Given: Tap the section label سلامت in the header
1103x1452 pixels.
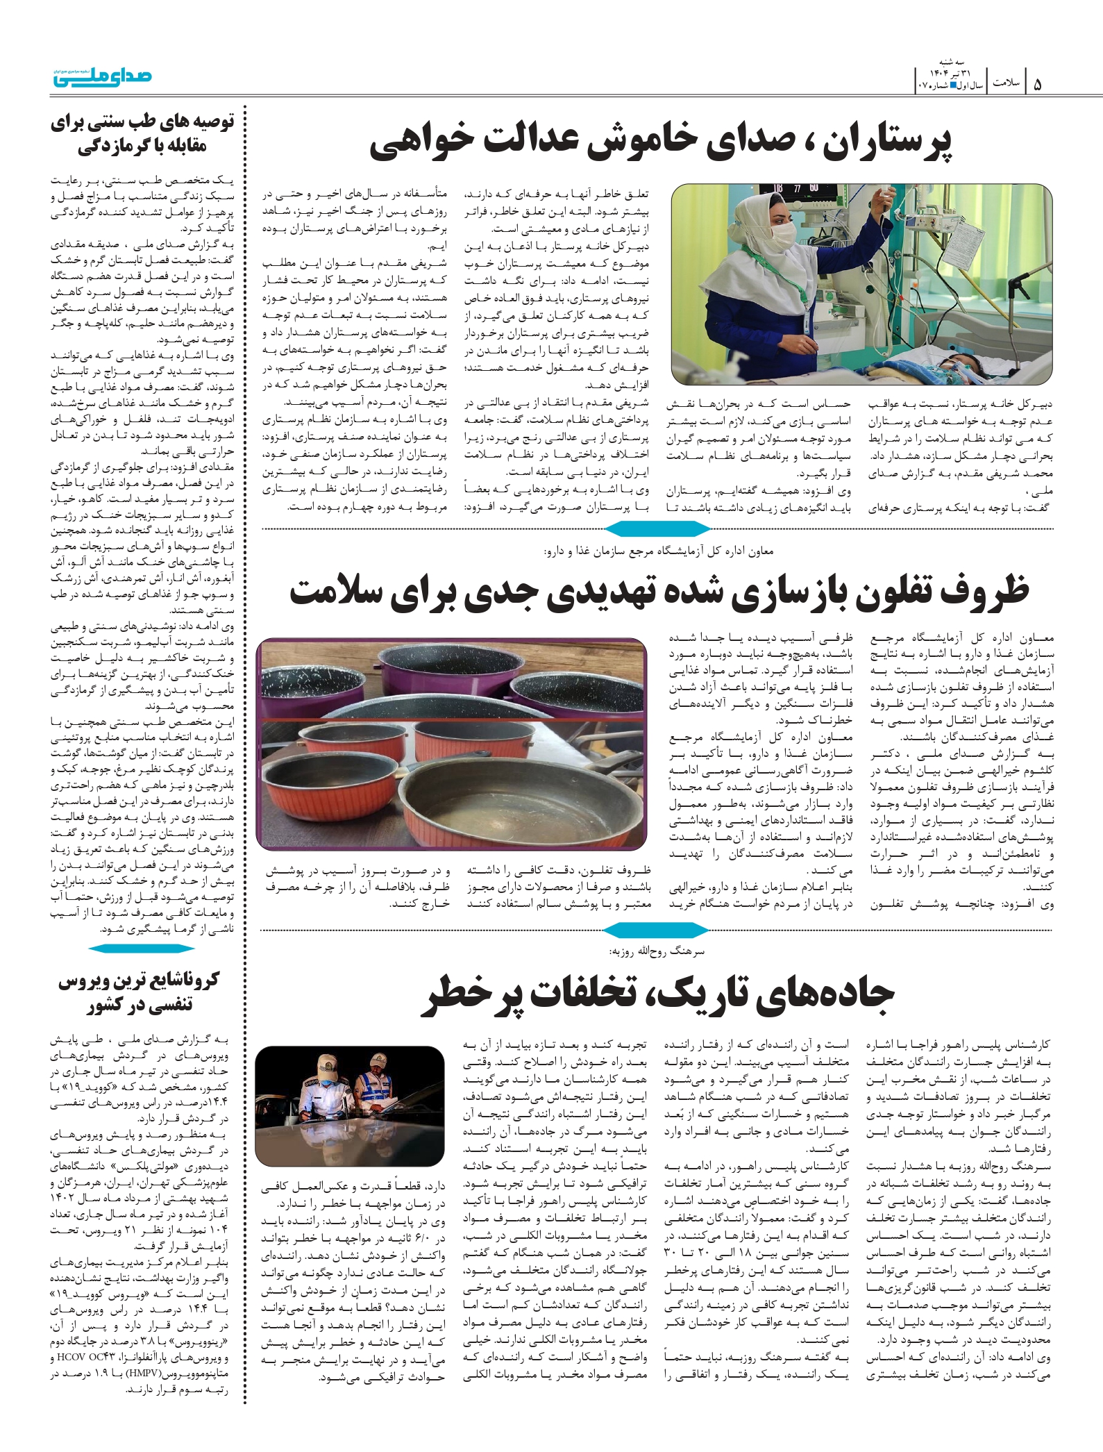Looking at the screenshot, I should (x=1005, y=83).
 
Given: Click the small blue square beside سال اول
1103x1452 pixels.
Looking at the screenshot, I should (x=954, y=85).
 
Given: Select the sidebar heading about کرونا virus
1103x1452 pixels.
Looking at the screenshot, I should (x=138, y=992).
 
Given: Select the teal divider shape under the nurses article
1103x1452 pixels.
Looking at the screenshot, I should (x=657, y=530).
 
